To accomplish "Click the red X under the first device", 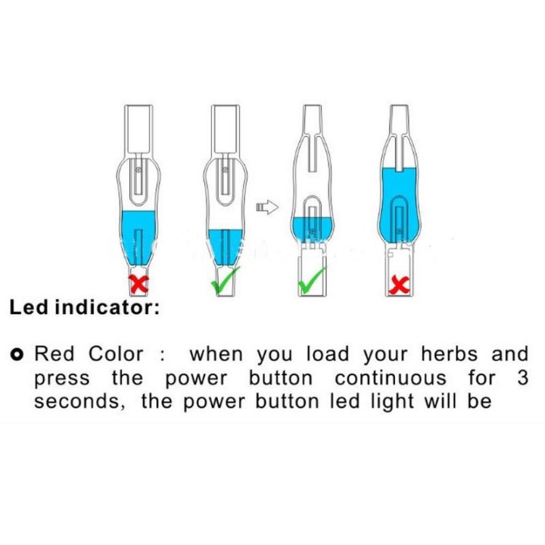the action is point(139,284).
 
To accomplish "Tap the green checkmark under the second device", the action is point(226,280).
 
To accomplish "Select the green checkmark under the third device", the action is point(312,280).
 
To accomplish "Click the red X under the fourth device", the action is point(399,285).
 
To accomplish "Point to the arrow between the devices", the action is point(267,207).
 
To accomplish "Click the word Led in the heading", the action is point(29,307).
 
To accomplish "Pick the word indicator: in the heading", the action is point(107,307).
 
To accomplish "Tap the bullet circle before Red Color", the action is point(17,354).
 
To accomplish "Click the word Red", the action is point(54,354).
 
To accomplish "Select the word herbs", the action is point(450,354).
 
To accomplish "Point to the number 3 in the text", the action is point(522,378).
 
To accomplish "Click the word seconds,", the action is point(79,402).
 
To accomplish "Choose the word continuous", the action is point(391,378).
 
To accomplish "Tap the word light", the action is point(392,402).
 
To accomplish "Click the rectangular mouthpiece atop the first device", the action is point(139,129).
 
